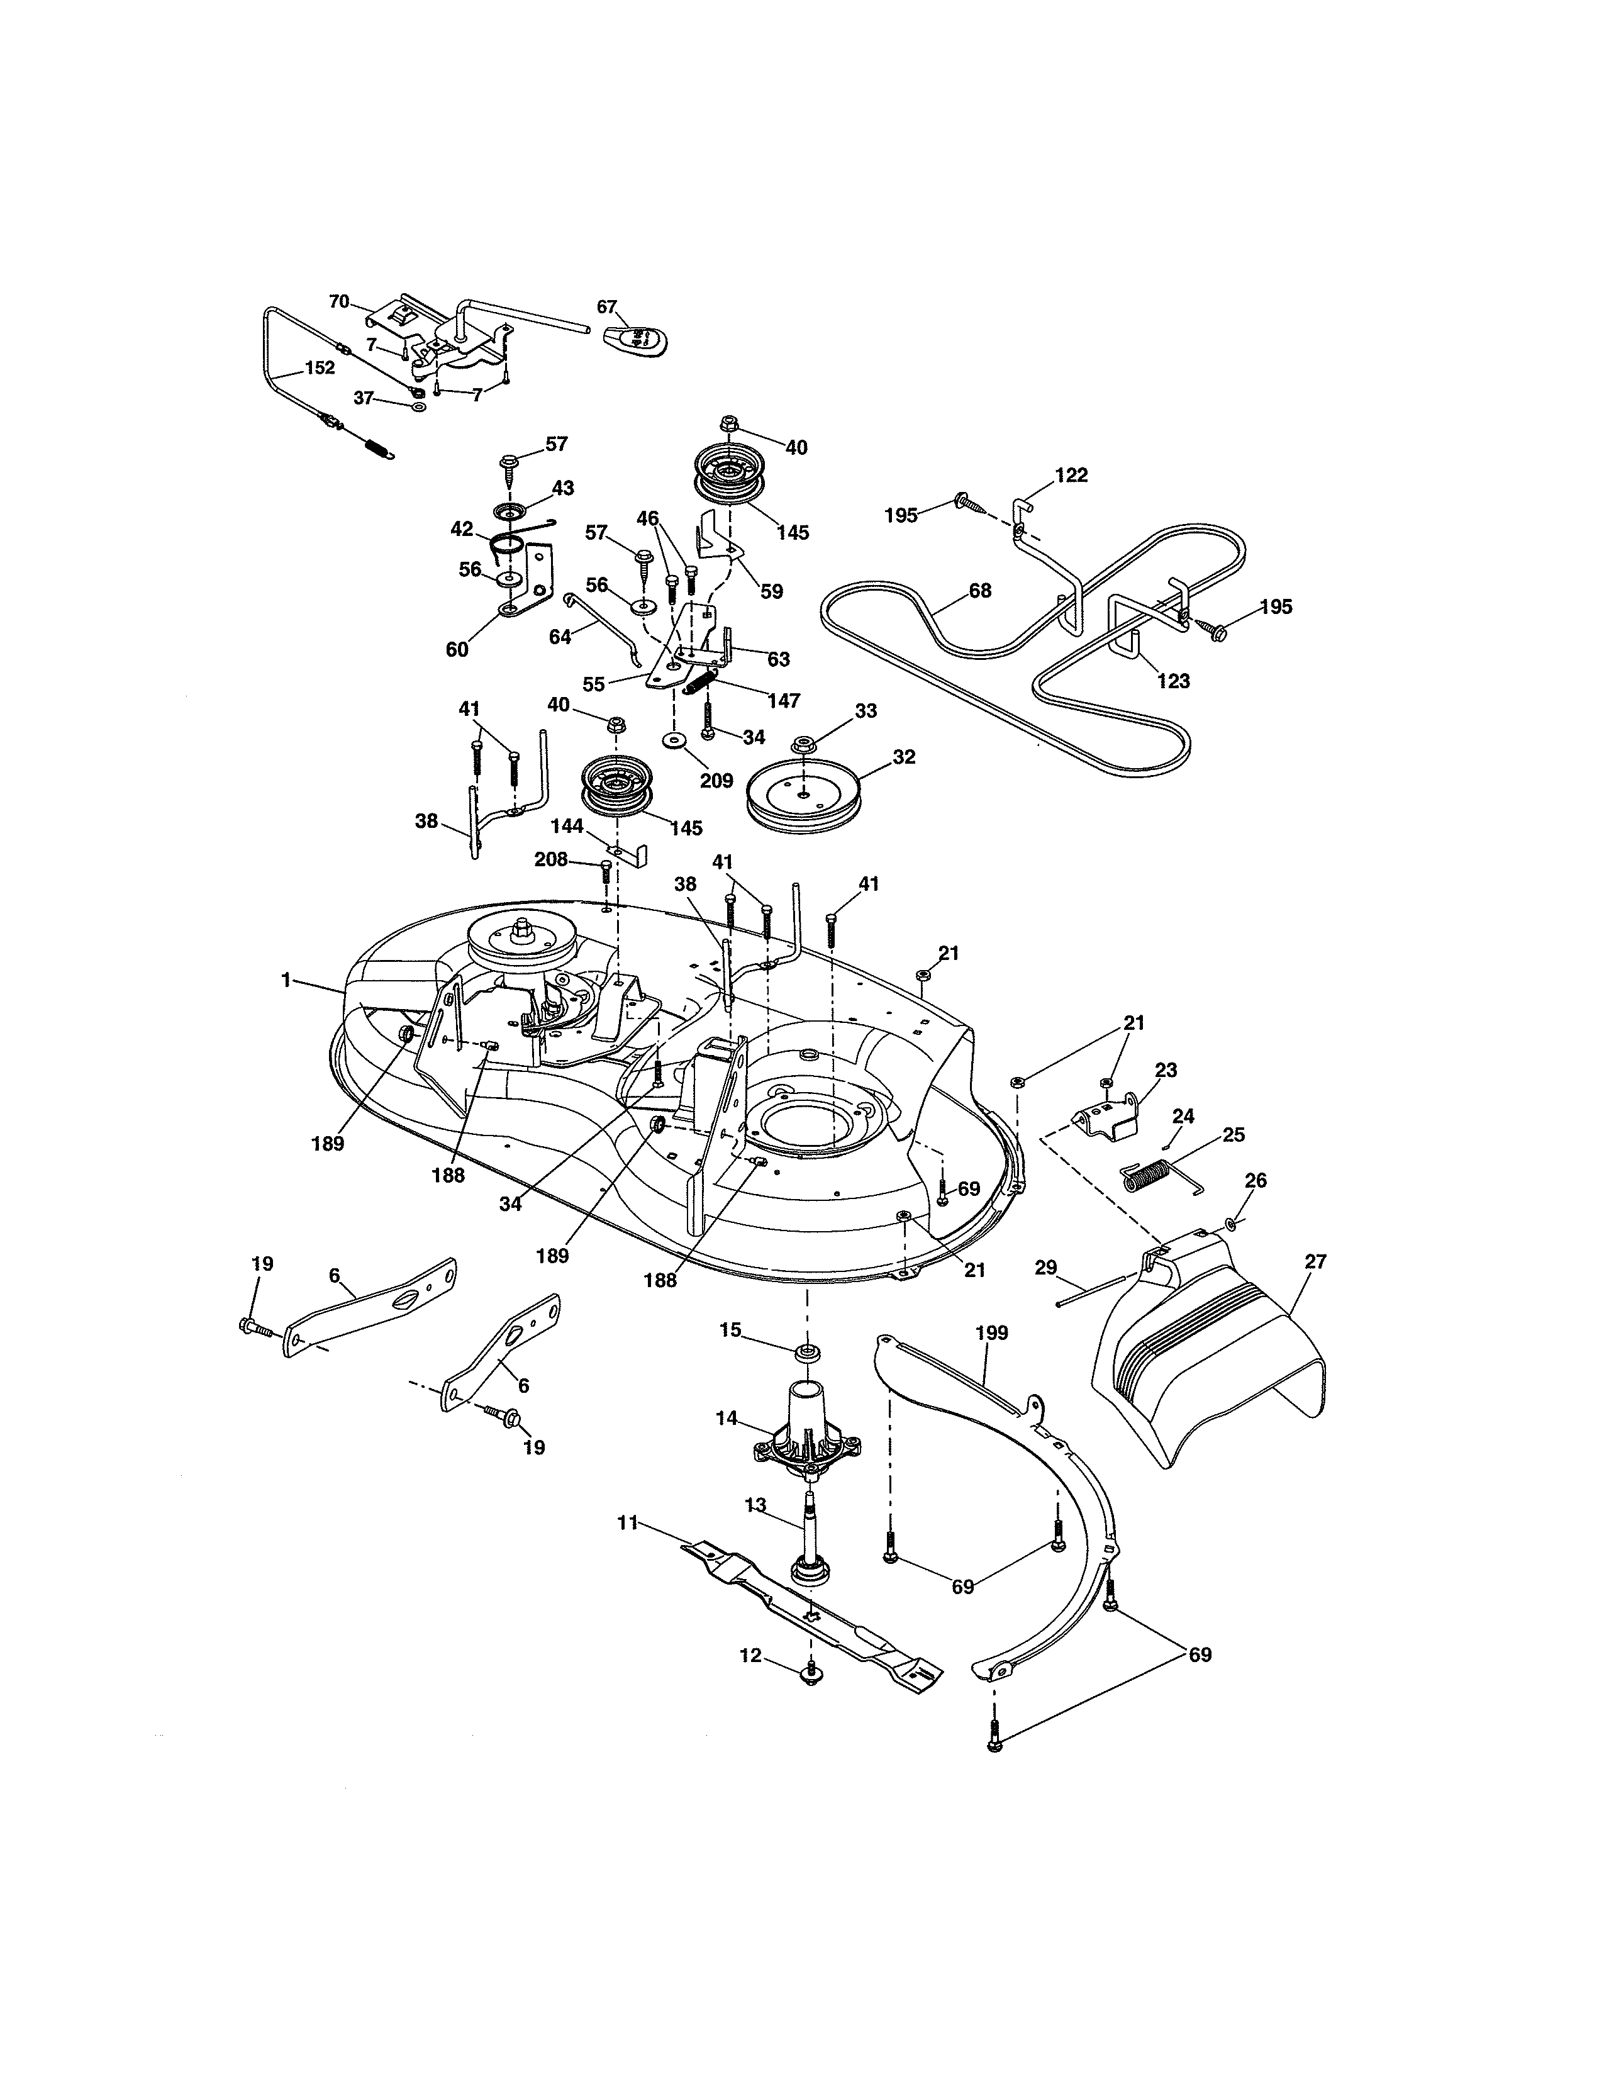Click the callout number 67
coord(607,306)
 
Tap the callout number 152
coord(320,368)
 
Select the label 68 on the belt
coord(979,590)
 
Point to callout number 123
coord(1174,681)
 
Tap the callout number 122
coord(1071,474)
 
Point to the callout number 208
coord(550,859)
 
